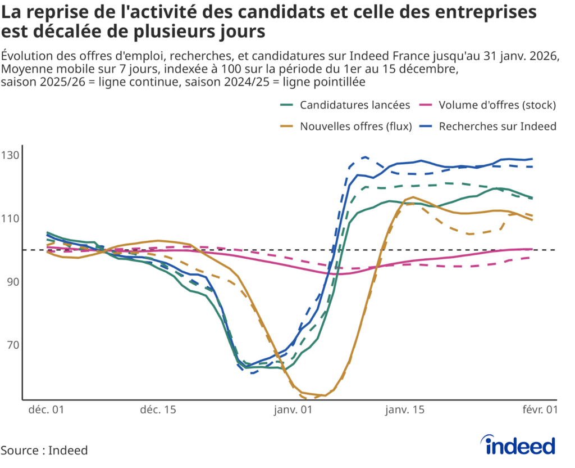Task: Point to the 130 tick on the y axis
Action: [x=11, y=155]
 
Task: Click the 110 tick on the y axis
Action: [x=11, y=218]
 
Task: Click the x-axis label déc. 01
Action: [x=47, y=411]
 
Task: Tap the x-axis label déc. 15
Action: [x=158, y=411]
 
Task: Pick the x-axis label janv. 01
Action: [x=293, y=411]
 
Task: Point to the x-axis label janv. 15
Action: [x=404, y=411]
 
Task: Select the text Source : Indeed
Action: [x=44, y=451]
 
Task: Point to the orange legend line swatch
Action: [x=287, y=127]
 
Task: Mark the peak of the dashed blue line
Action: [x=365, y=157]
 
